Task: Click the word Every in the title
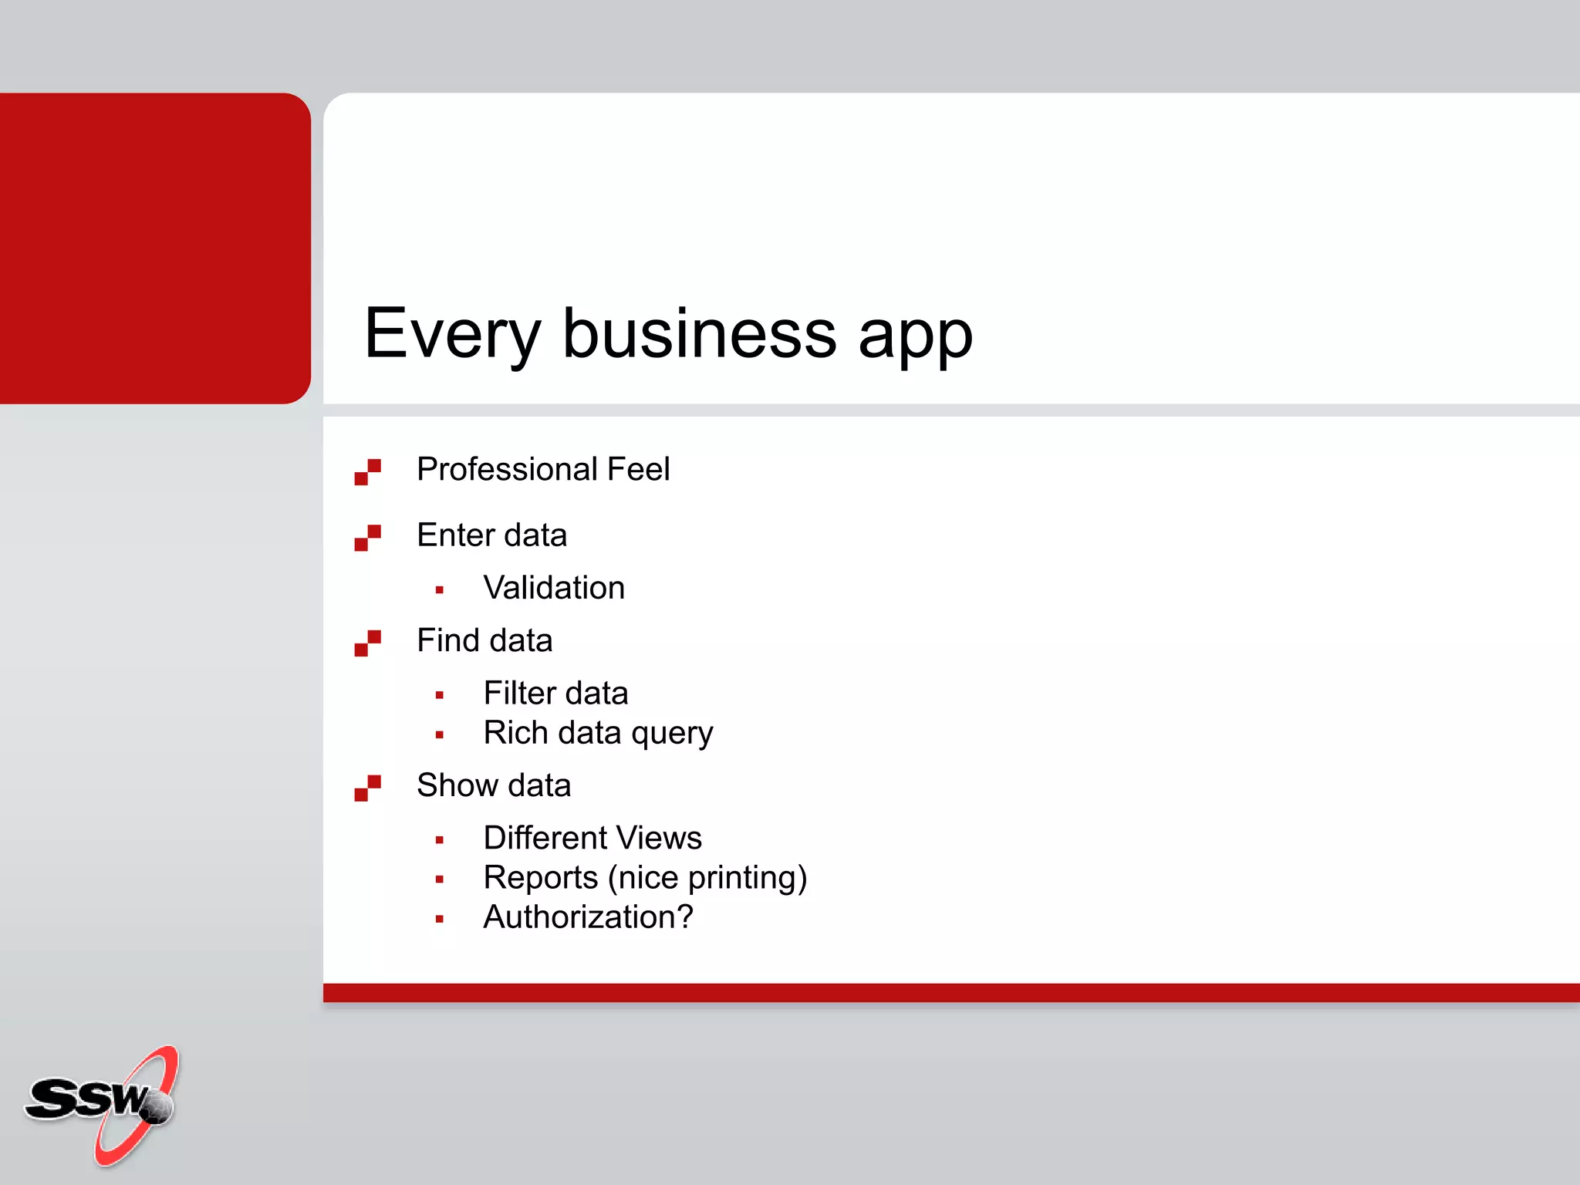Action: pyautogui.click(x=452, y=335)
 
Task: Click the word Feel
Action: pyautogui.click(x=638, y=469)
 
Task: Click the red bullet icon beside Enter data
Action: pyautogui.click(x=367, y=538)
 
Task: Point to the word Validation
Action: pyautogui.click(x=554, y=588)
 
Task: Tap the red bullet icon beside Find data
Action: pyautogui.click(x=367, y=643)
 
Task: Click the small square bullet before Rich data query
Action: pyautogui.click(x=439, y=735)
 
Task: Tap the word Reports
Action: pyautogui.click(x=541, y=878)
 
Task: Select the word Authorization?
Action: pyautogui.click(x=588, y=917)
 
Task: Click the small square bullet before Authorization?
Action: pyautogui.click(x=439, y=919)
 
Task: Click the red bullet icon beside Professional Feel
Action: pyautogui.click(x=367, y=472)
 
